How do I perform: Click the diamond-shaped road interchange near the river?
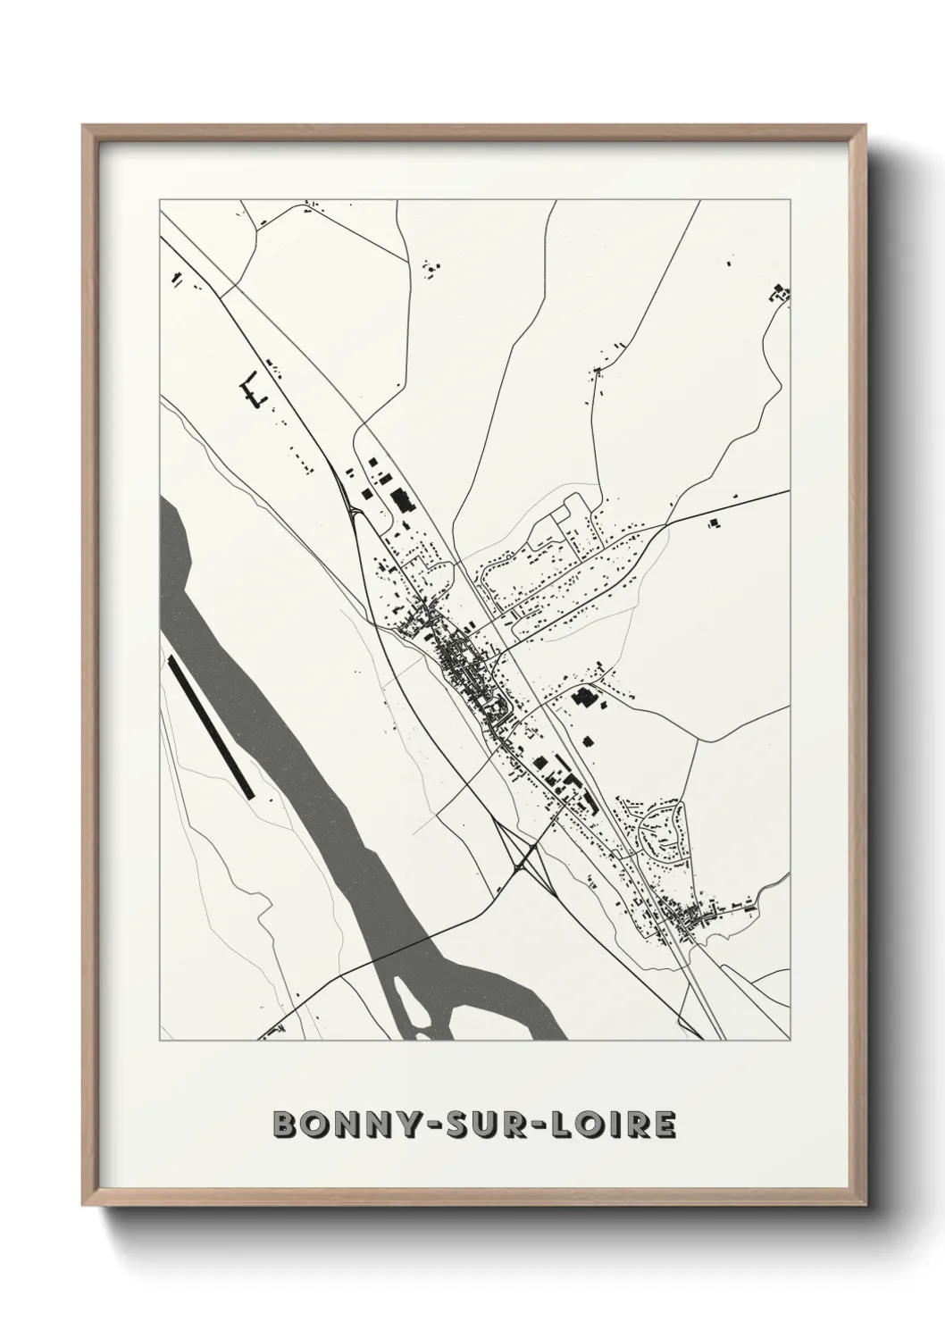coord(522,862)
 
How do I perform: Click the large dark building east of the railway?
coord(585,697)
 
